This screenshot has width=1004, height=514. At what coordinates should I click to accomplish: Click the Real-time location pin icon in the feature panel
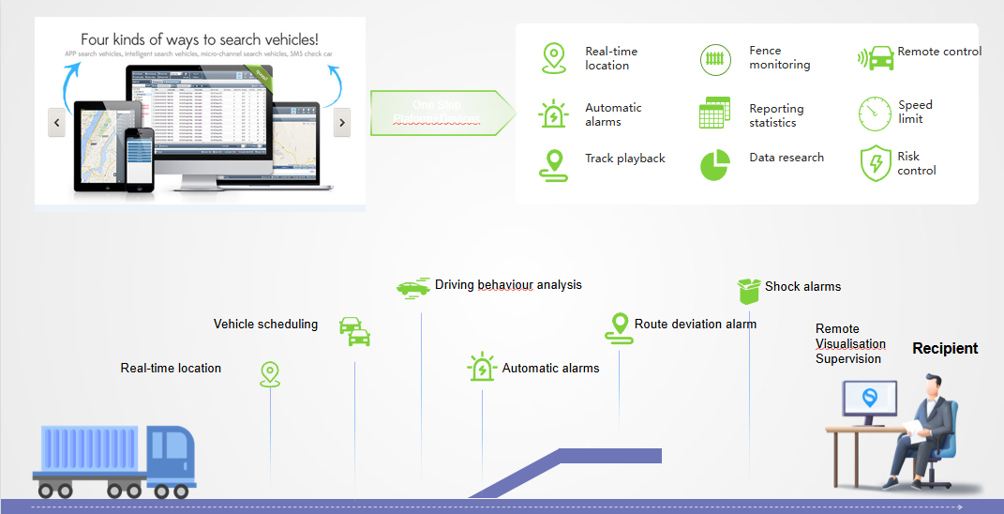554,58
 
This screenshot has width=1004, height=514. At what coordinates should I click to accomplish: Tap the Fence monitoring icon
715,59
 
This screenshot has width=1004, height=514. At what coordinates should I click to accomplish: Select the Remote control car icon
876,58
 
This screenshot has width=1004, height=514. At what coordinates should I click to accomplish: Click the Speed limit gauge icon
875,113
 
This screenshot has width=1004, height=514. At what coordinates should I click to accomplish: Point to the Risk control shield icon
875,163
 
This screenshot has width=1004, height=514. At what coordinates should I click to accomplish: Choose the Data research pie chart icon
715,164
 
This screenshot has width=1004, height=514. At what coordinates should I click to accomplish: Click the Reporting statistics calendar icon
715,113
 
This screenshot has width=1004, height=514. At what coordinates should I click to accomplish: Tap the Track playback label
625,159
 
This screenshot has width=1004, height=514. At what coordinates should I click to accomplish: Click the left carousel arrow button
57,122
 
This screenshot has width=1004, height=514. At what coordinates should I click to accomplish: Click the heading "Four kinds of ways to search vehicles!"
200,40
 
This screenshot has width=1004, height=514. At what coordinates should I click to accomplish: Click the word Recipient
945,349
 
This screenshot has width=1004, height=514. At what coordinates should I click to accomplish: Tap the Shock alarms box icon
748,291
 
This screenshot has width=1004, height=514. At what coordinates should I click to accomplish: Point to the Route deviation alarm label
695,325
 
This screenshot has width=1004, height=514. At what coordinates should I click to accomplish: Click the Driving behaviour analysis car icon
412,288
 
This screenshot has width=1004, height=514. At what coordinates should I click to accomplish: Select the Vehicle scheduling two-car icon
354,331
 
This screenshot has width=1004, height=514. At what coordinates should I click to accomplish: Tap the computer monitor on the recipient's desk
869,401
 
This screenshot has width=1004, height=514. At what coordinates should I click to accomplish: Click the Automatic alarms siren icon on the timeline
482,368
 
